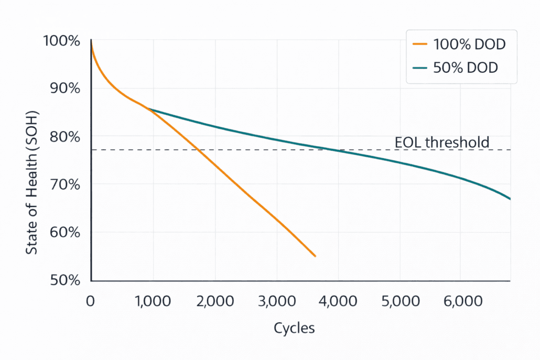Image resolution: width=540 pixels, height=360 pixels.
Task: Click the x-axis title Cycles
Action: click(294, 329)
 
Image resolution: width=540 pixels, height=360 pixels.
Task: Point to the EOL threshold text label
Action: click(441, 142)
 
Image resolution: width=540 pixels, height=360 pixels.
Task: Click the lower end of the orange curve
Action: click(315, 256)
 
